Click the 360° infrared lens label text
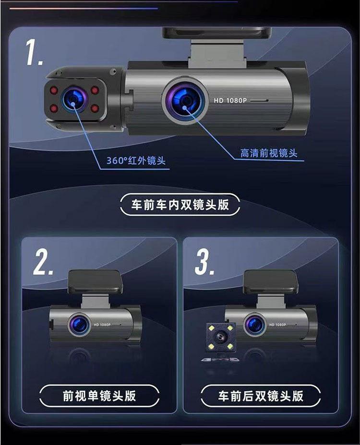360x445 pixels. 136,161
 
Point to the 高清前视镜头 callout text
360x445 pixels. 269,153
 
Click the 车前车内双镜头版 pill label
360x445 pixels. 180,205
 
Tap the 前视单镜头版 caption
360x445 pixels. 99,396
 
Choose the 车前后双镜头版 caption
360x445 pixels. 261,396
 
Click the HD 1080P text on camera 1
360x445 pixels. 230,101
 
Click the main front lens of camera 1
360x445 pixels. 185,100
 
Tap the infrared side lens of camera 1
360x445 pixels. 73,99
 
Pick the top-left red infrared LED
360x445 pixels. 54,90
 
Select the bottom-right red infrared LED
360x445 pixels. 95,108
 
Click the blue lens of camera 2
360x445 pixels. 79,325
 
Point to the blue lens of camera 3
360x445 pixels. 254,325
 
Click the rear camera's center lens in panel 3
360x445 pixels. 220,337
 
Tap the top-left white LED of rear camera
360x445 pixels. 211,328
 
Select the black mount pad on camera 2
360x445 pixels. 95,282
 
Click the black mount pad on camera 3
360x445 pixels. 271,282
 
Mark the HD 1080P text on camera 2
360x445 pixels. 102,325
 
